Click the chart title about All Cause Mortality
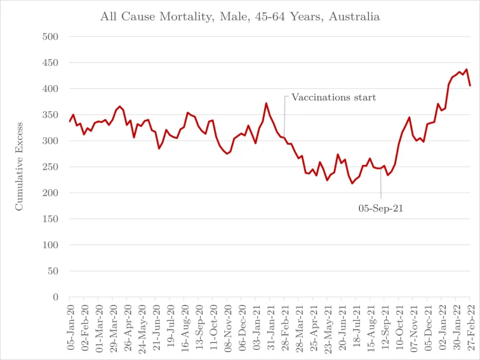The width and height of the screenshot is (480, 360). tap(240, 17)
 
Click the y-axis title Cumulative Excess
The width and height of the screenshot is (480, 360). tap(19, 166)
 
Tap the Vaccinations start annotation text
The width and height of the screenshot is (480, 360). tap(333, 98)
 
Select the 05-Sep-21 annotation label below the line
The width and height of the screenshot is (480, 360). tap(381, 206)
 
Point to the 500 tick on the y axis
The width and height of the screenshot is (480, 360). tap(50, 37)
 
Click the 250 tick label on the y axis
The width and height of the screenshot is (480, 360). tap(50, 167)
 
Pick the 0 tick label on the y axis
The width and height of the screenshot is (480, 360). tap(55, 297)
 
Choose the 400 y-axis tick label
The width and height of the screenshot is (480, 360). tap(50, 89)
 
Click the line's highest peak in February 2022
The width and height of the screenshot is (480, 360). tap(467, 69)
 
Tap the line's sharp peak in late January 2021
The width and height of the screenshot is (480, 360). tap(266, 103)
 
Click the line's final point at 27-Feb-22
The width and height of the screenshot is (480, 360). tap(470, 86)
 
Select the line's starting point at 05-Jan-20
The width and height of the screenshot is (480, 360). tap(70, 121)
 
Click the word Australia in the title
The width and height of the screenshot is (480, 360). tap(352, 17)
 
